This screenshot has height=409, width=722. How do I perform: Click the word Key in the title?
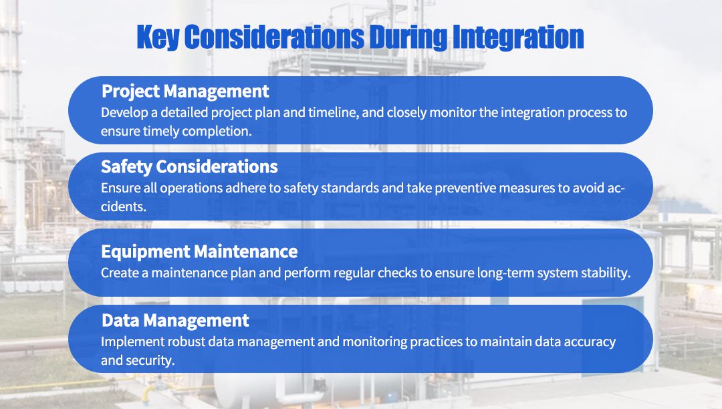tap(158, 37)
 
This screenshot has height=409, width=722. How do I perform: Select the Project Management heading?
tap(185, 91)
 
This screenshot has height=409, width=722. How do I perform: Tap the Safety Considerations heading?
tap(189, 166)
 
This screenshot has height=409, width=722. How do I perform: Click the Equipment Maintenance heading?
tap(199, 252)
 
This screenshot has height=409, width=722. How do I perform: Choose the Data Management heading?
tap(175, 321)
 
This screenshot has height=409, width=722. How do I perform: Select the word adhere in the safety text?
tap(263, 188)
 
